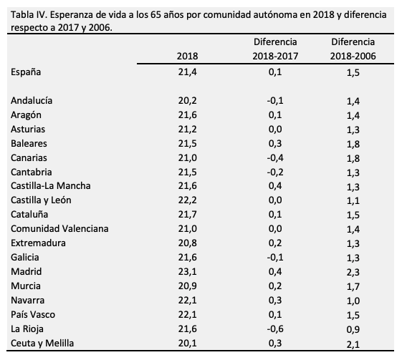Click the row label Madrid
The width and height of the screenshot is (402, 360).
[x=27, y=272]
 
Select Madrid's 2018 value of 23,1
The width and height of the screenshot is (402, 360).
[x=188, y=272]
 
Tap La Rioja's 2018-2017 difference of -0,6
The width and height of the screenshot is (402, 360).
[x=274, y=329]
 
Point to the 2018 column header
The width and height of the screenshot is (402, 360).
[x=188, y=56]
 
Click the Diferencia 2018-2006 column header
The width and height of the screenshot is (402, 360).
[x=352, y=49]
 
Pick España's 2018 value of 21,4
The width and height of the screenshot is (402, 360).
[x=188, y=72]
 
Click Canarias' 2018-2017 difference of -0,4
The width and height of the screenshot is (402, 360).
[x=274, y=157]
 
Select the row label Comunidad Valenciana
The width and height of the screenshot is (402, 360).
[x=59, y=229]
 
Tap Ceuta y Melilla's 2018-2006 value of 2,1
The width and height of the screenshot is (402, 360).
[x=352, y=344]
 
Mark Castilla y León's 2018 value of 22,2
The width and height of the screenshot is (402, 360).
[x=188, y=200]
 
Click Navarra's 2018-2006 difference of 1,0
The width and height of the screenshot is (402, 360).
[x=352, y=301]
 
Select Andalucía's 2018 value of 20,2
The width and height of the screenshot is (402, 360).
[x=188, y=100]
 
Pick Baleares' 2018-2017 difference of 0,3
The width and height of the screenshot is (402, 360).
[x=274, y=143]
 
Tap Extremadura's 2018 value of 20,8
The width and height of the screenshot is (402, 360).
[x=188, y=243]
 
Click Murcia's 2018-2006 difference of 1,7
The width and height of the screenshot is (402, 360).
[x=352, y=286]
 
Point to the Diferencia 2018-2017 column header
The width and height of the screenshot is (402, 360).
[x=274, y=49]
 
